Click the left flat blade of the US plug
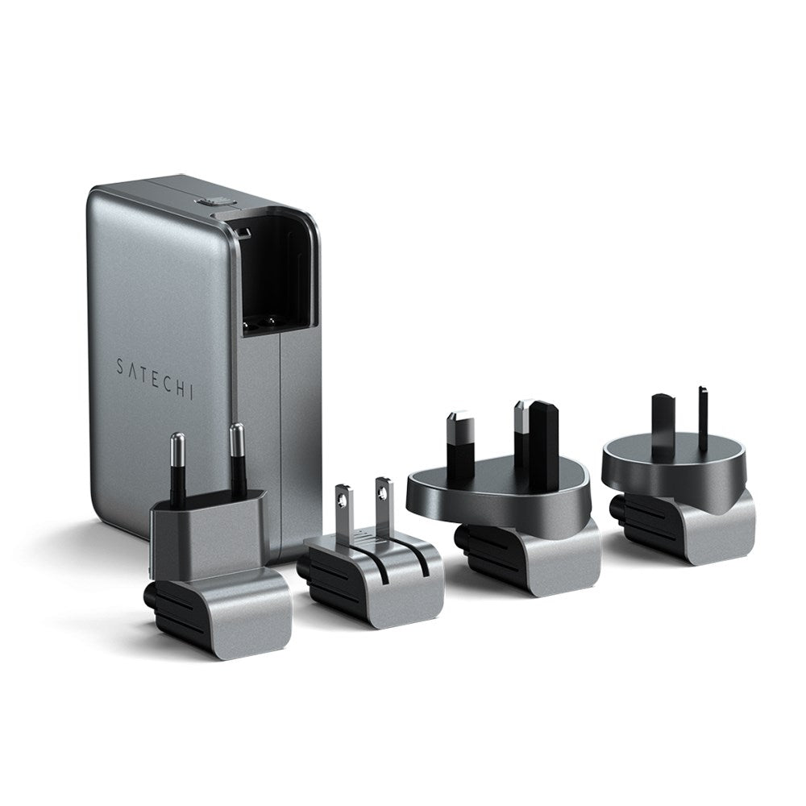click(344, 509)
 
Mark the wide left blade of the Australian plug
click(664, 422)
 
